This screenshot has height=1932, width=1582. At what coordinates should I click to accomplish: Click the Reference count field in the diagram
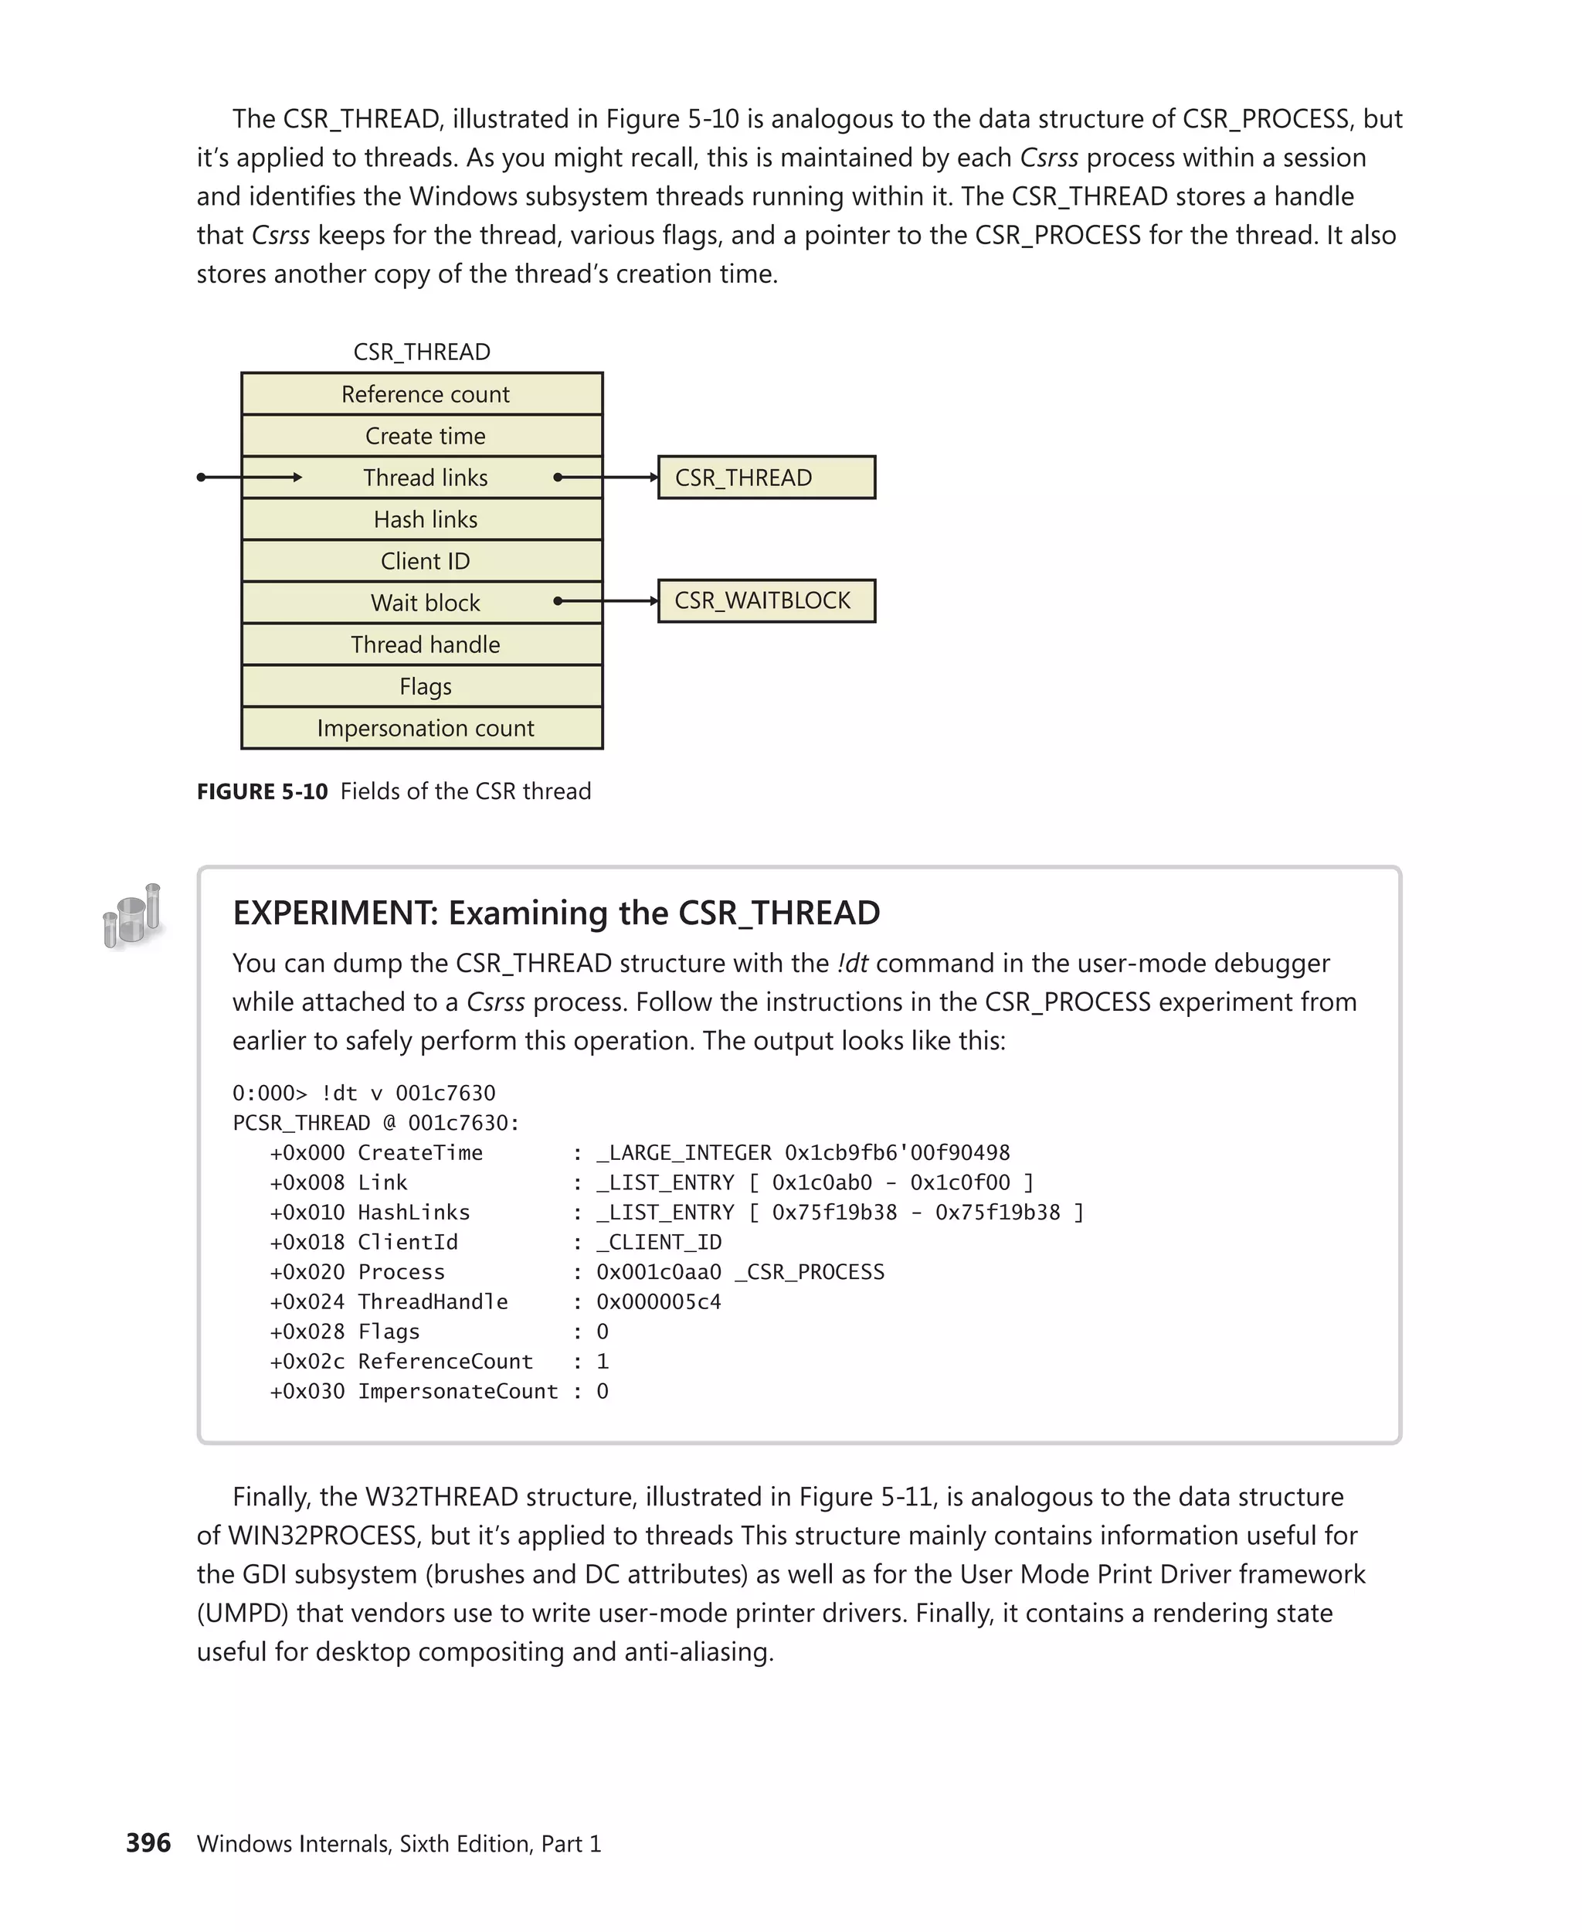tap(425, 394)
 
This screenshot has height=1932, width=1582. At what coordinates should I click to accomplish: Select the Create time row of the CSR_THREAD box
tap(425, 436)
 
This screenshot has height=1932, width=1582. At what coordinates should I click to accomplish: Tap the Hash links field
tap(425, 519)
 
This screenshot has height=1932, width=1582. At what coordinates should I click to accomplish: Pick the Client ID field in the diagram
tap(425, 561)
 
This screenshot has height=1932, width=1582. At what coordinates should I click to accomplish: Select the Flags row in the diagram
tap(425, 686)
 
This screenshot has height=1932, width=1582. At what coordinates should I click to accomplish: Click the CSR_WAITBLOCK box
tap(766, 600)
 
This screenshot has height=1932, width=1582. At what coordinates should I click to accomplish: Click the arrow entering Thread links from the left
tap(250, 477)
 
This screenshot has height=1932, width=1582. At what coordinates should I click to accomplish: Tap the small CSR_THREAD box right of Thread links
tap(766, 477)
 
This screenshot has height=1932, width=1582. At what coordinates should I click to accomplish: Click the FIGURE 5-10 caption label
tap(263, 791)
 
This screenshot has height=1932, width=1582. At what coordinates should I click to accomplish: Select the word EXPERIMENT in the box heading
tap(333, 913)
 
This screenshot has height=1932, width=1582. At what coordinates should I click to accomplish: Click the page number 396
tap(148, 1842)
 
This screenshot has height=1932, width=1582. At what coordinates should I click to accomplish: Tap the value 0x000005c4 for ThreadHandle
tap(658, 1302)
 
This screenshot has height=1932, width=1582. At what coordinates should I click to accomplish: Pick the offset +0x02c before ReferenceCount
tap(307, 1361)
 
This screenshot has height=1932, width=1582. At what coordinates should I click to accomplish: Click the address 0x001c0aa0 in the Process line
tap(658, 1272)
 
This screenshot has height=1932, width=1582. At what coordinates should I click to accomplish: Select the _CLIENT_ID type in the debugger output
tap(658, 1242)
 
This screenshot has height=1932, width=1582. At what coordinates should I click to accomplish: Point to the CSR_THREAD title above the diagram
tap(422, 352)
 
